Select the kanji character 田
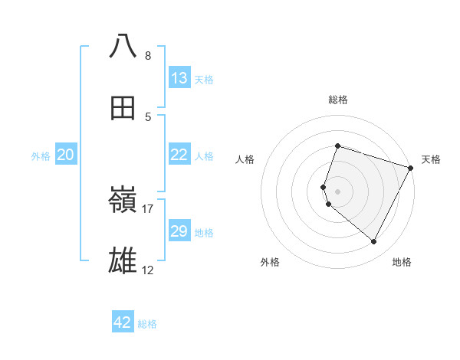(123, 109)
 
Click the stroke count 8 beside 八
(148, 56)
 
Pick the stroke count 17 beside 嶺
(148, 209)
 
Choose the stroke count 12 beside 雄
(148, 270)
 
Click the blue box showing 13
(179, 78)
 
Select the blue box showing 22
(179, 155)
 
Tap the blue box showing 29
(179, 231)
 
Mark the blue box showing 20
(66, 155)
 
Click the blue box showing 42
(123, 322)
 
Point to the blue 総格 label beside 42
(147, 324)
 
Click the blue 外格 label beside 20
(41, 156)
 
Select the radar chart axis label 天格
(431, 159)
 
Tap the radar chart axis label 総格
(338, 100)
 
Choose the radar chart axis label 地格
(402, 263)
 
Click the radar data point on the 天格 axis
(411, 168)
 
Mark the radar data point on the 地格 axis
(374, 242)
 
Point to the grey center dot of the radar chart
(338, 191)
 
